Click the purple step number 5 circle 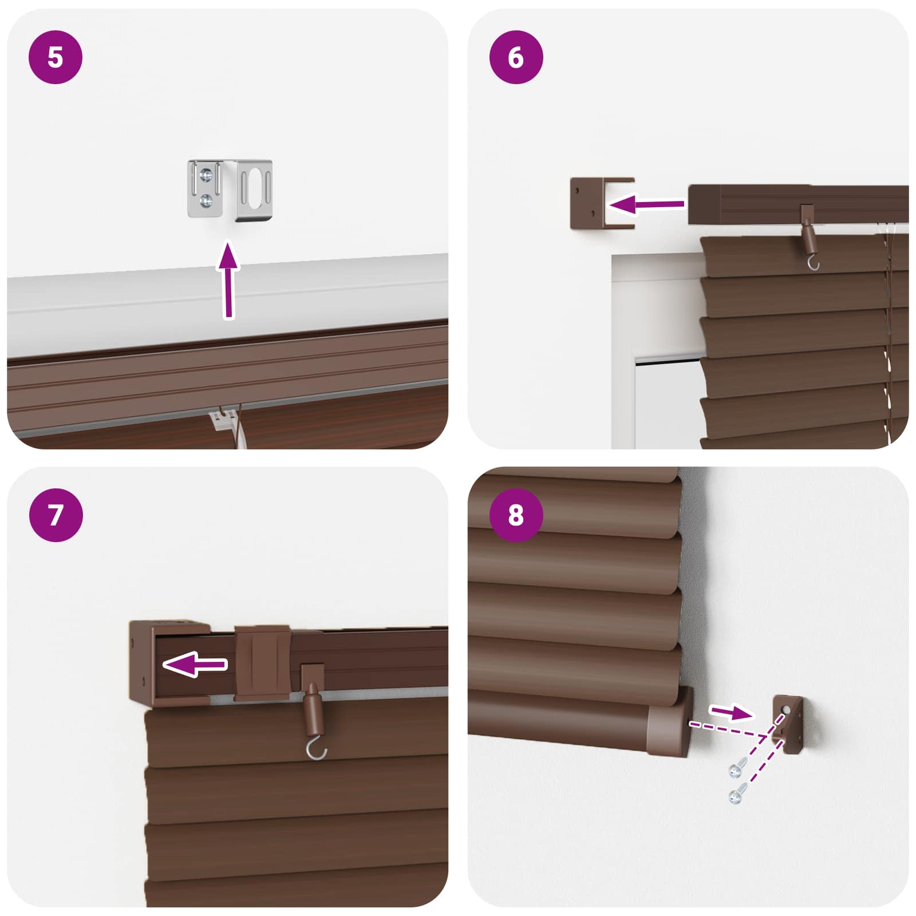pos(56,57)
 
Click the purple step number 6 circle pos(516,57)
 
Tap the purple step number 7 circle pos(56,515)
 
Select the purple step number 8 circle pos(516,515)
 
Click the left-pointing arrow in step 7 pos(195,664)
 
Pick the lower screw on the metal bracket pos(206,200)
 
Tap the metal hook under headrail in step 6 pos(812,263)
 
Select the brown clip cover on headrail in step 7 pos(262,663)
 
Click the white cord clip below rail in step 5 pos(224,420)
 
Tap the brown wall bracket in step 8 pos(790,724)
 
